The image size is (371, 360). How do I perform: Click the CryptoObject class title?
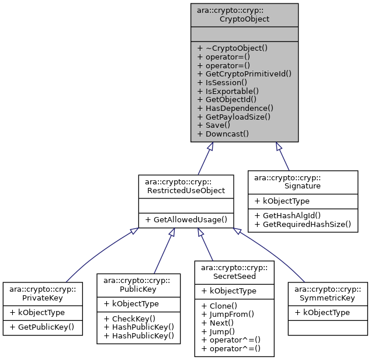244,14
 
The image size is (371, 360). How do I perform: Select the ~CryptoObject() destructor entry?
232,48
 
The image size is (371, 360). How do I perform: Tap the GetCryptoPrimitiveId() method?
244,74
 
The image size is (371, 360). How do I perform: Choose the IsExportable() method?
224,91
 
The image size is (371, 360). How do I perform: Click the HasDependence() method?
235,108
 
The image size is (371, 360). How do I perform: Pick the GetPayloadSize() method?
234,117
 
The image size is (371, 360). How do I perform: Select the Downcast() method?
223,134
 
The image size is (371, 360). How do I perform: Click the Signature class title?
303,181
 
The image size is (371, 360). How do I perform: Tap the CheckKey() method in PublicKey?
129,318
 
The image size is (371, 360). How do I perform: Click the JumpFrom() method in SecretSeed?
227,314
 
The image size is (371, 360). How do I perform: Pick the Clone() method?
219,306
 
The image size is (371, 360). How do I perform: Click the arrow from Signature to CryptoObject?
283,156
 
